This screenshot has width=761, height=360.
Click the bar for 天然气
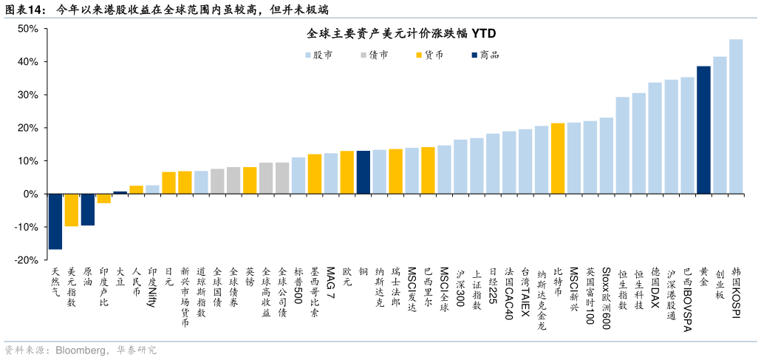pyautogui.click(x=55, y=221)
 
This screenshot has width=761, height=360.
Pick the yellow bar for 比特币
pyautogui.click(x=558, y=158)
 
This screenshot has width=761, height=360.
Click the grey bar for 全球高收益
pyautogui.click(x=266, y=178)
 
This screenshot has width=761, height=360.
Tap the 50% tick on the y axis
pyautogui.click(x=28, y=29)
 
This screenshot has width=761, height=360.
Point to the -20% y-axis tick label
pyautogui.click(x=27, y=260)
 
